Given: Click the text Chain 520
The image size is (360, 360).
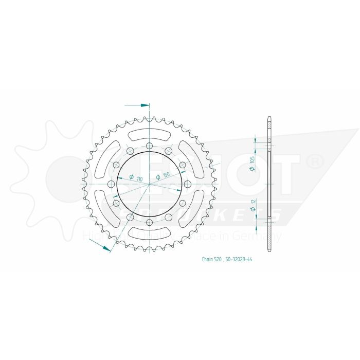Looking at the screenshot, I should (211, 260).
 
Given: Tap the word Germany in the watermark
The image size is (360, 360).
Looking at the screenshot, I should (265, 237).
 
